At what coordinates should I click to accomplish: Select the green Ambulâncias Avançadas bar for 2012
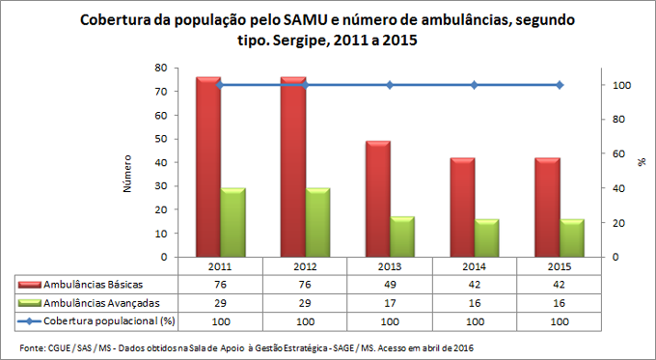pyautogui.click(x=317, y=223)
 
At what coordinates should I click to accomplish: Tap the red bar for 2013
pyautogui.click(x=377, y=199)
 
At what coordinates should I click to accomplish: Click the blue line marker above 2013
pyautogui.click(x=390, y=85)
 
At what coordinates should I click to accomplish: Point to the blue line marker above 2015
pyautogui.click(x=559, y=85)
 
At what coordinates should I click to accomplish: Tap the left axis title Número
pyautogui.click(x=127, y=171)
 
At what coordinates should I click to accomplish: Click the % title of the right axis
pyautogui.click(x=642, y=163)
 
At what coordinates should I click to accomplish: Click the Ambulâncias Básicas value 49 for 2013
pyautogui.click(x=390, y=285)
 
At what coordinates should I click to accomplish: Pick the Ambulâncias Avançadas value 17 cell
pyautogui.click(x=390, y=302)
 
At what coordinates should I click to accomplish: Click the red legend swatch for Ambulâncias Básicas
pyautogui.click(x=33, y=285)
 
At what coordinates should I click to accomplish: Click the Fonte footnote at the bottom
pyautogui.click(x=246, y=346)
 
